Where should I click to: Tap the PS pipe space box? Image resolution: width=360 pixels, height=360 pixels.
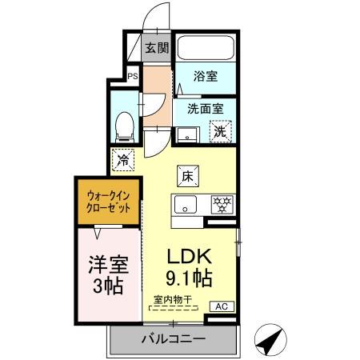coord(133,78)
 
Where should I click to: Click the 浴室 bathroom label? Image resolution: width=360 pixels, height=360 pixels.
coord(206,77)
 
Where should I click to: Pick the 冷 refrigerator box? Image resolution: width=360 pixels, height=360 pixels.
coord(123,160)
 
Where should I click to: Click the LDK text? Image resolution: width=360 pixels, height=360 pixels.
coord(188,258)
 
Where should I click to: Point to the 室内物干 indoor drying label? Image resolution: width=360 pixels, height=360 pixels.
coord(173,300)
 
